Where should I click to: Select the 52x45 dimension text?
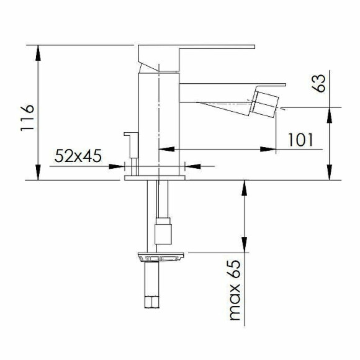click(78, 156)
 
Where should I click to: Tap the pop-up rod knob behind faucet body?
click(129, 135)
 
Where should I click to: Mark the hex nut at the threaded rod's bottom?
click(153, 304)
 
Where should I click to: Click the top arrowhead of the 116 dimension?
click(38, 51)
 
